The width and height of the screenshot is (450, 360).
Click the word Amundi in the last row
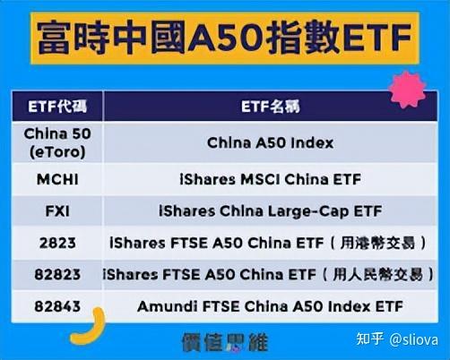(x=160, y=305)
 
